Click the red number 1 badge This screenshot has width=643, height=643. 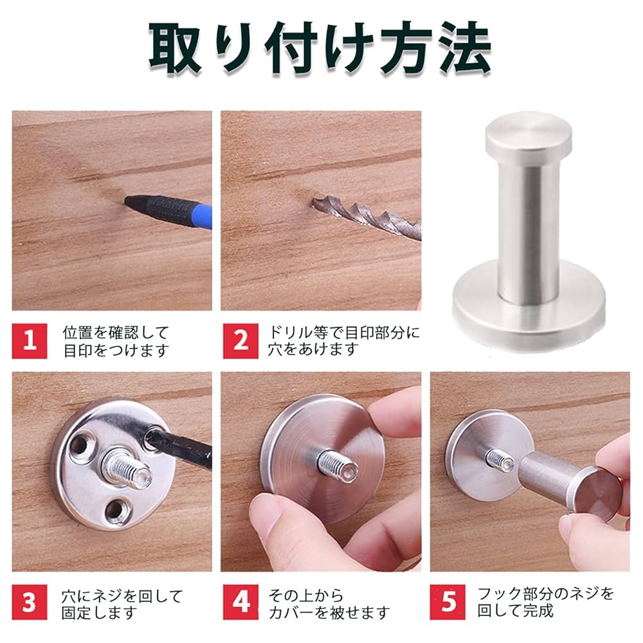pyautogui.click(x=30, y=341)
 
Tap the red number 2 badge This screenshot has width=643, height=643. pyautogui.click(x=240, y=341)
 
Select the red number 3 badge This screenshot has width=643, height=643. pyautogui.click(x=30, y=602)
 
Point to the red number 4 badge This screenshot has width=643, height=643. pyautogui.click(x=240, y=602)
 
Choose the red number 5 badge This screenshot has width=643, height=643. pyautogui.click(x=448, y=602)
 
